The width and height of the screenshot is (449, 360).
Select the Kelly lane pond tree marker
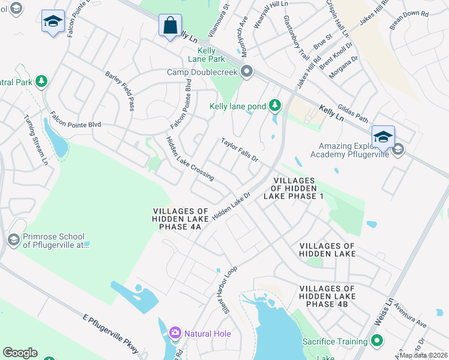pos(275,106)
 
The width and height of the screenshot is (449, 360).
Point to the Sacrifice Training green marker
pos(377,341)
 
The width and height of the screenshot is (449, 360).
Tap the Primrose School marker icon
pos(13,240)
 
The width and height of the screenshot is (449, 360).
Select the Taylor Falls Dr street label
pos(239,151)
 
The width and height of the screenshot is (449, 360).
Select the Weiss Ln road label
pos(382,311)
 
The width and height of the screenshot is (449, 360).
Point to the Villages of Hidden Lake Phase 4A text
pos(180,220)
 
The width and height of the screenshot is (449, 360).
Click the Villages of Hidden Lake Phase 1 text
pos(294,188)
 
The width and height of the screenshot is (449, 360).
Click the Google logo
pos(20,353)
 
